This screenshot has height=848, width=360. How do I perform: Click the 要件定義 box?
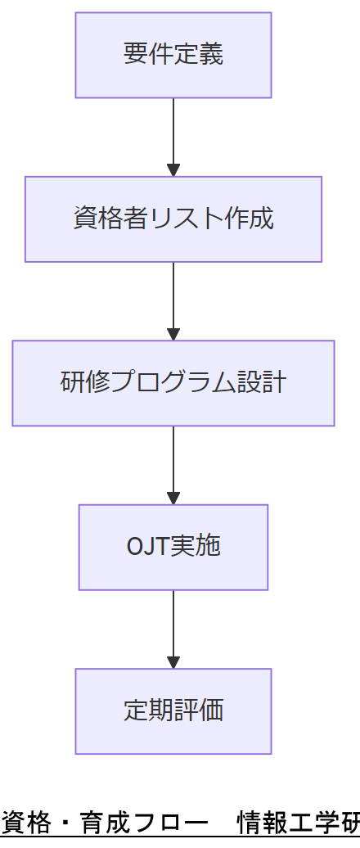tap(173, 55)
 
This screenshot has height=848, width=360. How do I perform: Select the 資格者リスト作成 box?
tap(173, 219)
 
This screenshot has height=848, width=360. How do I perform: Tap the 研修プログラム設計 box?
tap(173, 382)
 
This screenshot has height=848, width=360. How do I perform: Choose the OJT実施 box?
tap(173, 546)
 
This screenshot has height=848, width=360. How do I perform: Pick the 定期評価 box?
tap(173, 710)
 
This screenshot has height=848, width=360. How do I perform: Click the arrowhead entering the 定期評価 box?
tap(173, 662)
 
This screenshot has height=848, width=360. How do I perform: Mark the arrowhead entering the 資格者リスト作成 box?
tap(173, 170)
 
